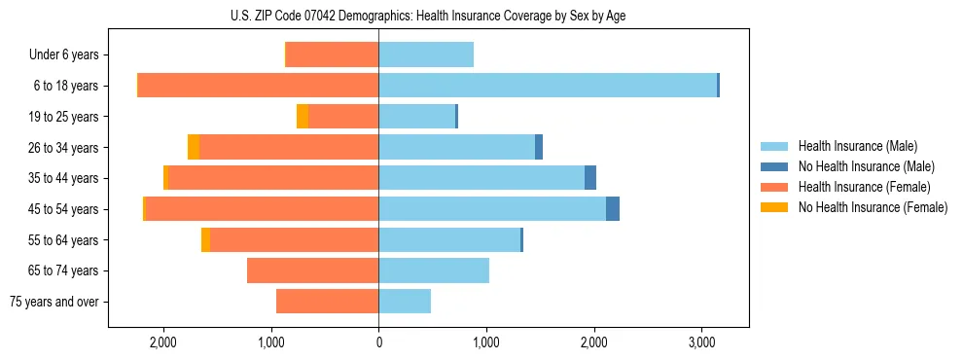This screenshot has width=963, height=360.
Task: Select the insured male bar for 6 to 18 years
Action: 548,86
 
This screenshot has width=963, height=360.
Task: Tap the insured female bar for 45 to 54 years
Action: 262,209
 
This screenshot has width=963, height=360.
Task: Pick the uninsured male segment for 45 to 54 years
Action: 613,209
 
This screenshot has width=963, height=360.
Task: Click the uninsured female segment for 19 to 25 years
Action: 303,117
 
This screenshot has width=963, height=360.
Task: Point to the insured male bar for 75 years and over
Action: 405,302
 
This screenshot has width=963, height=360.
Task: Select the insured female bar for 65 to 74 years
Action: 312,270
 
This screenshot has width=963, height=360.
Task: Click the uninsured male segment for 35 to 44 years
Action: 590,178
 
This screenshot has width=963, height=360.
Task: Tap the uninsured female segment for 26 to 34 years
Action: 194,147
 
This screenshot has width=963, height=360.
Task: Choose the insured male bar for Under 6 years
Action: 426,54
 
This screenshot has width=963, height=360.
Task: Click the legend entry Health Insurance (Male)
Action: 857,146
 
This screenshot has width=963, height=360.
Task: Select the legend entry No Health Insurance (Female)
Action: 873,207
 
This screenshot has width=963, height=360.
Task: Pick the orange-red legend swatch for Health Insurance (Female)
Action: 774,187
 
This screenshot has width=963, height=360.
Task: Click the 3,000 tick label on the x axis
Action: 701,342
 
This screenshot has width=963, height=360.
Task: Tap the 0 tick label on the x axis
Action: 378,342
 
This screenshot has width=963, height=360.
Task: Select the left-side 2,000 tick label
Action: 162,342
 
